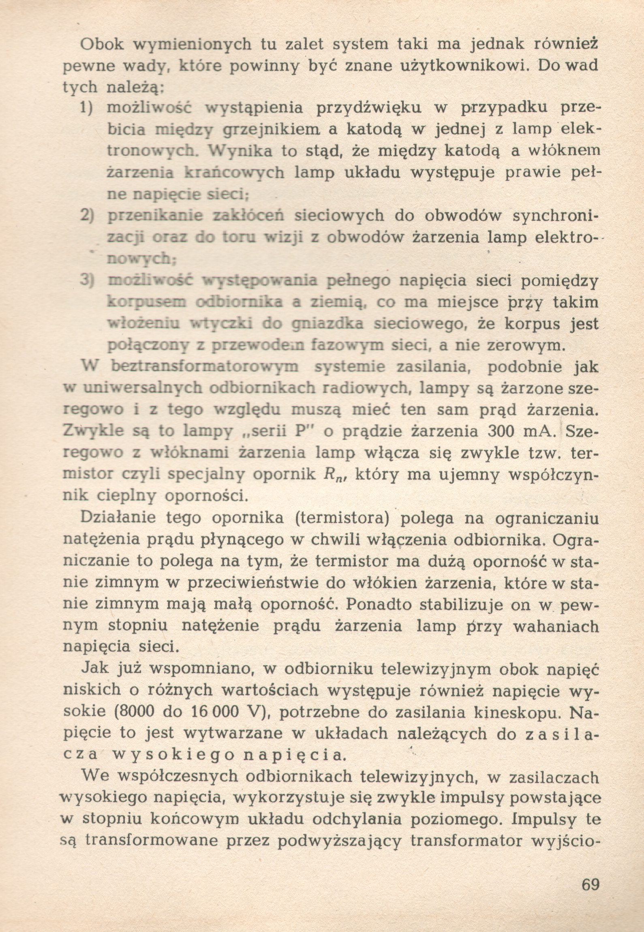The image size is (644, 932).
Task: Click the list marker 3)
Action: pos(87,281)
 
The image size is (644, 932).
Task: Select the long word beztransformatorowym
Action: pos(204,367)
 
